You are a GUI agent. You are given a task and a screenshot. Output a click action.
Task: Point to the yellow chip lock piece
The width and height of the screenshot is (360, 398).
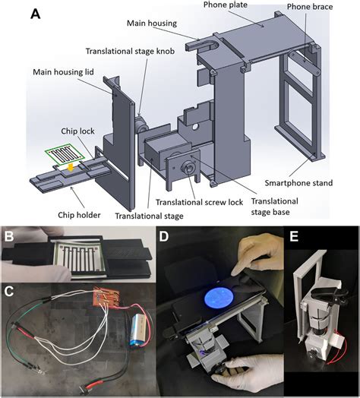coord(69,165)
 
